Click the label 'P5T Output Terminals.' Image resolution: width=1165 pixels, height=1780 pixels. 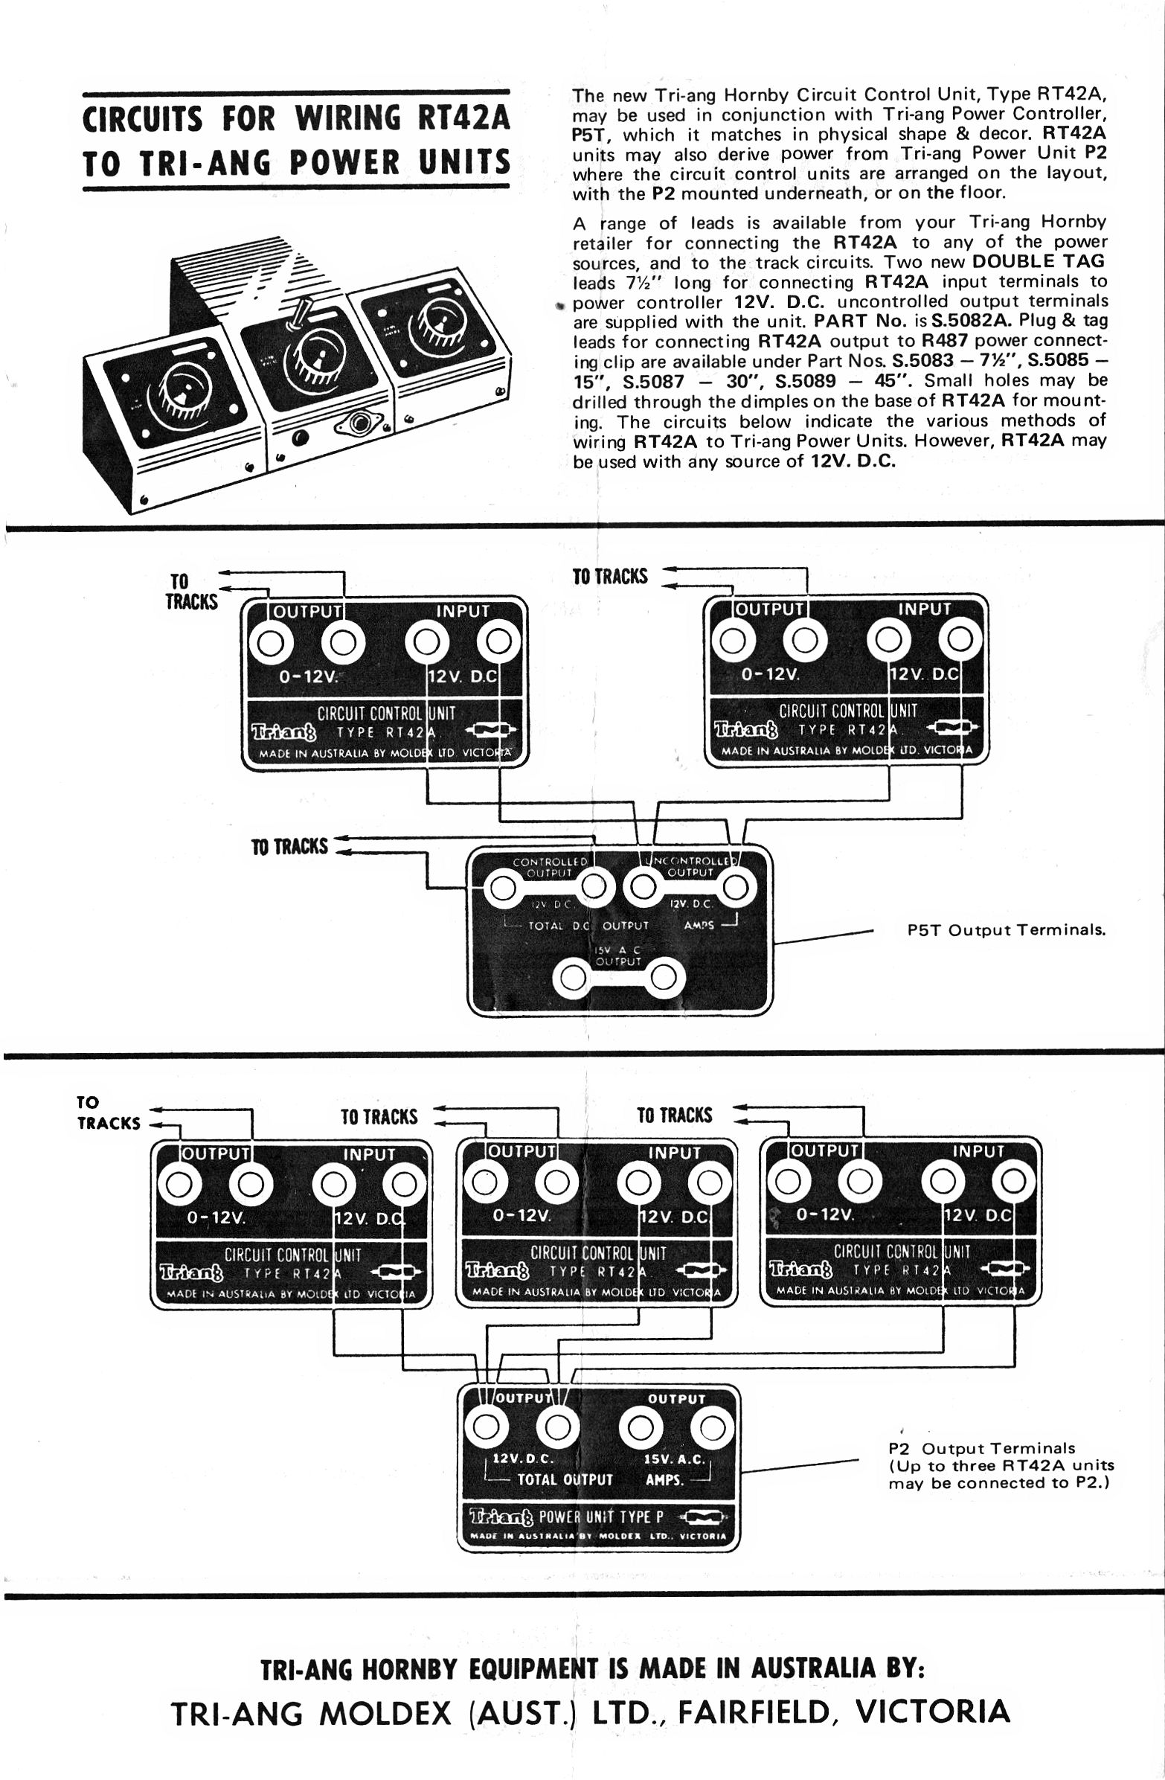tap(1006, 930)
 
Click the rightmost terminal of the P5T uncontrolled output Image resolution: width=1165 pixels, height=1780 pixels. tap(734, 889)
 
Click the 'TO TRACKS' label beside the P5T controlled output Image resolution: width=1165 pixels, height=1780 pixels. tap(289, 847)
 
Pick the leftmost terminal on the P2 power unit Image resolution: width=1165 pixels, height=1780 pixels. tap(487, 1428)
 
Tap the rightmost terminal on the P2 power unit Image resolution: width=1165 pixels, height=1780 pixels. tap(712, 1428)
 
